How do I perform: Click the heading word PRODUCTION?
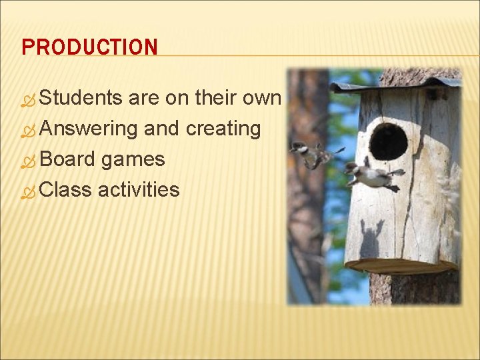click(x=89, y=47)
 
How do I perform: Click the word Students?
click(x=81, y=98)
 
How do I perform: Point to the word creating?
click(x=223, y=128)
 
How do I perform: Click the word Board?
click(x=67, y=159)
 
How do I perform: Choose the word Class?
click(x=66, y=189)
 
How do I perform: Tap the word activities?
click(x=139, y=189)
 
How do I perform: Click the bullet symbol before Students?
click(x=29, y=99)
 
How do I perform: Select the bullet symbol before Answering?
click(x=29, y=130)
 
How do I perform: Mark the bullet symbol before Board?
click(x=29, y=161)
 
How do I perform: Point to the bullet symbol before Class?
click(x=29, y=191)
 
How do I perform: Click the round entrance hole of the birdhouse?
click(x=388, y=141)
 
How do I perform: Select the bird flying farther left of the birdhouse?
click(x=310, y=154)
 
